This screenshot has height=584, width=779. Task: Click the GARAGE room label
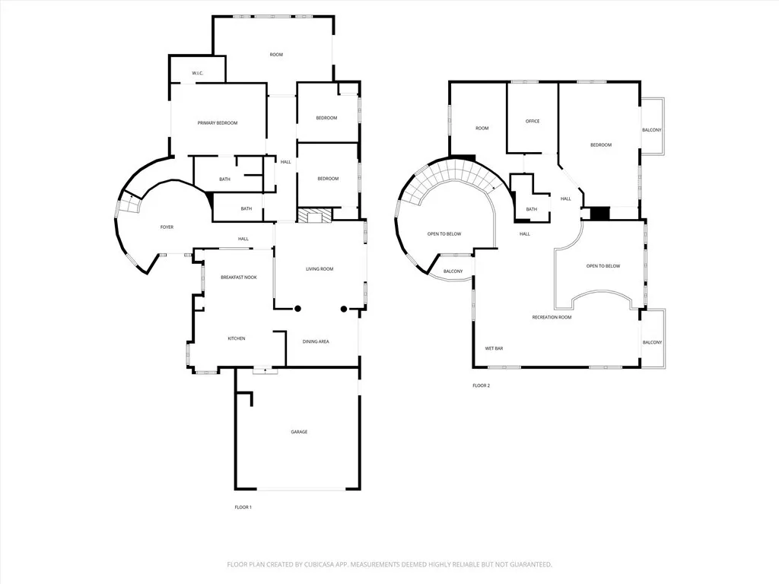pyautogui.click(x=299, y=432)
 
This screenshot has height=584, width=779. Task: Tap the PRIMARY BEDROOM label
pyautogui.click(x=218, y=123)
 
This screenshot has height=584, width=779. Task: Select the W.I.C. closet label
pyautogui.click(x=198, y=74)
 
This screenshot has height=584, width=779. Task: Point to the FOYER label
pyautogui.click(x=167, y=227)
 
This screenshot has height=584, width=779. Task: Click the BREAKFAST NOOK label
pyautogui.click(x=239, y=278)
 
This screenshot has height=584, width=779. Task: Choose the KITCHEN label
pyautogui.click(x=237, y=338)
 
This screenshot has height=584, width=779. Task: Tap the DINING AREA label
pyautogui.click(x=316, y=341)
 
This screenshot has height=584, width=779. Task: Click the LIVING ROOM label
pyautogui.click(x=320, y=269)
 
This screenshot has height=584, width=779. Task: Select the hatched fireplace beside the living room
pyautogui.click(x=315, y=215)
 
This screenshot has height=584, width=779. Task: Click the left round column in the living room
pyautogui.click(x=298, y=309)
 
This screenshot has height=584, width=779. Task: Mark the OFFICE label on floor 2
pyautogui.click(x=533, y=121)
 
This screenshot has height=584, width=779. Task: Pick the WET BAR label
pyautogui.click(x=494, y=348)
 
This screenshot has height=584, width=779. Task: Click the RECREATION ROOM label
pyautogui.click(x=552, y=317)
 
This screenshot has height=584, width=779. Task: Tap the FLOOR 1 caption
pyautogui.click(x=243, y=507)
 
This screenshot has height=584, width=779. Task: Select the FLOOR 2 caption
pyautogui.click(x=482, y=386)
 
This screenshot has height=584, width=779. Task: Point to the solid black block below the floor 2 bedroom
pyautogui.click(x=599, y=213)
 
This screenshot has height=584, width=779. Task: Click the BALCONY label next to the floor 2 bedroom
pyautogui.click(x=652, y=130)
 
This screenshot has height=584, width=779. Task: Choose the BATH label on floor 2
pyautogui.click(x=532, y=210)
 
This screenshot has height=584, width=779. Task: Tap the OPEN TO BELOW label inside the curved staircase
pyautogui.click(x=444, y=234)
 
